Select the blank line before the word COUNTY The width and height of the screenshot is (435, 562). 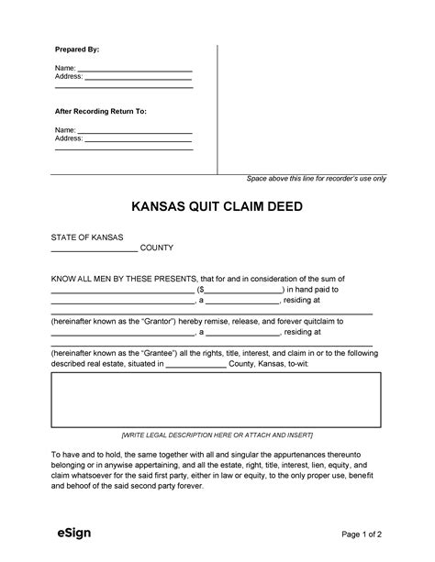94,248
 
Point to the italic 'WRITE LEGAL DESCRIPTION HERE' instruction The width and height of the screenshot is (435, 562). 217,433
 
